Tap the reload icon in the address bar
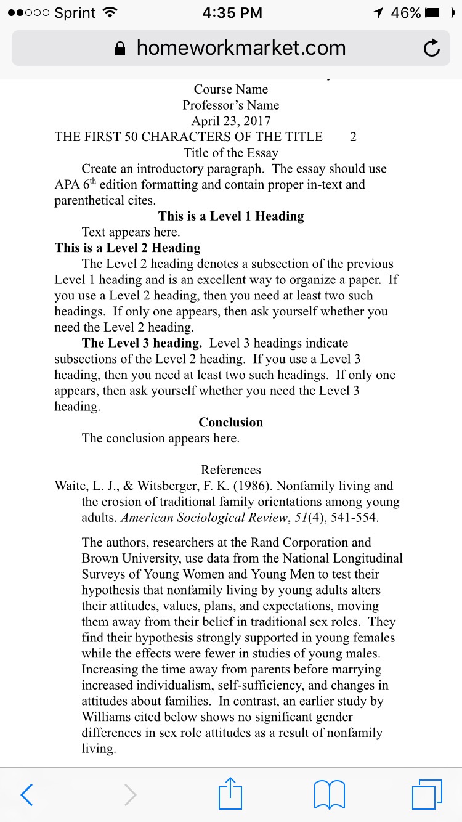click(x=432, y=48)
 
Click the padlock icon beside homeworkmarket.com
click(x=121, y=49)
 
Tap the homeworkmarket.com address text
click(x=241, y=48)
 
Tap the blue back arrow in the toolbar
click(x=26, y=794)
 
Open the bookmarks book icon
click(x=329, y=794)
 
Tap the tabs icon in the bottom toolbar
click(x=426, y=794)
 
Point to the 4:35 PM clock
click(x=232, y=13)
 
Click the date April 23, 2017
click(x=231, y=121)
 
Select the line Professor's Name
click(x=231, y=105)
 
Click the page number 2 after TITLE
click(x=353, y=137)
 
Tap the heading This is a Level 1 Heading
click(x=231, y=216)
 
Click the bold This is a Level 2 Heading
click(x=128, y=248)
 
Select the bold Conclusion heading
click(x=231, y=423)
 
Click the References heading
click(x=231, y=470)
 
